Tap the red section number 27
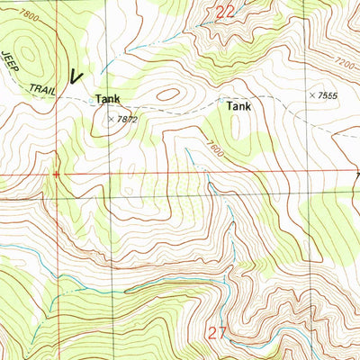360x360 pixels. tap(218, 332)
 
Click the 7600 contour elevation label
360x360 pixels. tap(212, 143)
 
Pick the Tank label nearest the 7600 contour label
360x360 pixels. tap(239, 105)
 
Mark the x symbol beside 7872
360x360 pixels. tap(111, 118)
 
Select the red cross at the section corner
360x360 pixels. tap(56, 174)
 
